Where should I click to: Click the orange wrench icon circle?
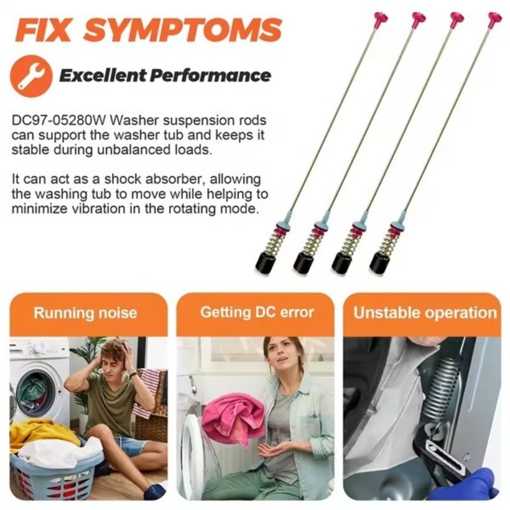[31, 76]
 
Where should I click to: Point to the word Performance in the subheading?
[210, 76]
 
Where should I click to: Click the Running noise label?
[85, 313]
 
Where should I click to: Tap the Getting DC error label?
[257, 312]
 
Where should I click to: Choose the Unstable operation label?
[425, 313]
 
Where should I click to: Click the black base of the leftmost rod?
[265, 262]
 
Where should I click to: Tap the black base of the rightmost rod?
[380, 262]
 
